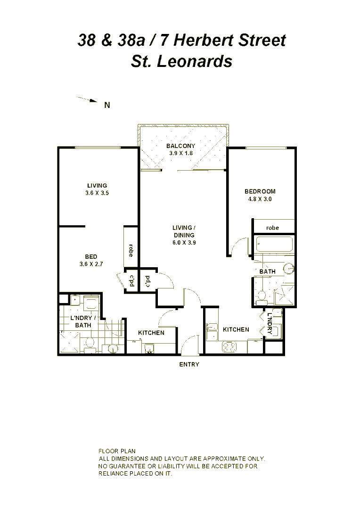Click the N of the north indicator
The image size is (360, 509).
(107, 105)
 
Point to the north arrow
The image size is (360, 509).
(87, 100)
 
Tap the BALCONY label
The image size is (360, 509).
(180, 146)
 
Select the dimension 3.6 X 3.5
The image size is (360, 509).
(97, 193)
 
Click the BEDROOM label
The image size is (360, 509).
(260, 191)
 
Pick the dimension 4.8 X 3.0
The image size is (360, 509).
(260, 199)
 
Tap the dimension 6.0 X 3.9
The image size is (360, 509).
(183, 242)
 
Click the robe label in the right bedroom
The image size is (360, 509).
(272, 228)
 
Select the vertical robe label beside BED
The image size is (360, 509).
(130, 250)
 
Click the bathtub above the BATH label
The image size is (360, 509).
(274, 245)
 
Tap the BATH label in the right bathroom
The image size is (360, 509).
(267, 271)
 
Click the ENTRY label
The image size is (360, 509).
(189, 364)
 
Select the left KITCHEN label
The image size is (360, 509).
(151, 333)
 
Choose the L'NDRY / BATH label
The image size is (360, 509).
(83, 321)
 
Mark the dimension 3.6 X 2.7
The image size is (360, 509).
(91, 264)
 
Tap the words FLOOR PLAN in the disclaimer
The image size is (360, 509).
(116, 451)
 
